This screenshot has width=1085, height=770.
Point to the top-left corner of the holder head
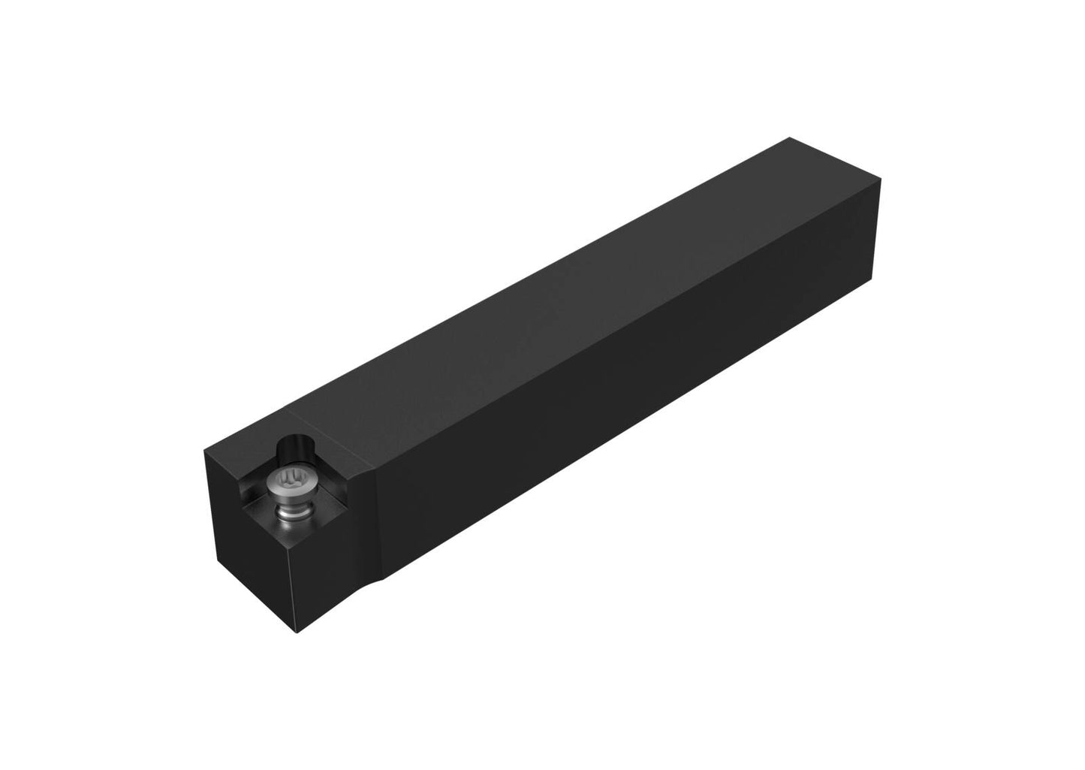coord(204,450)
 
